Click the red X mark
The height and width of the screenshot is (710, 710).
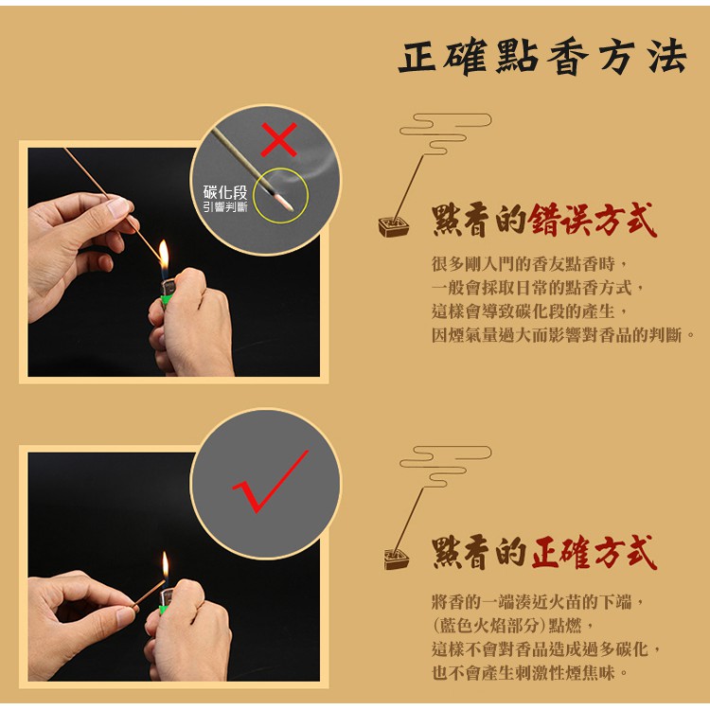click(x=279, y=139)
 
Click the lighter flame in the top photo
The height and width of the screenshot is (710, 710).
click(x=164, y=256)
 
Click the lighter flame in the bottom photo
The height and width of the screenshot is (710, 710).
click(x=166, y=566)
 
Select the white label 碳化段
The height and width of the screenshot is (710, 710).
click(x=225, y=192)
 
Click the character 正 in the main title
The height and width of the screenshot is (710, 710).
click(x=417, y=57)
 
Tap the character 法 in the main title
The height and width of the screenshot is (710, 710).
click(x=667, y=57)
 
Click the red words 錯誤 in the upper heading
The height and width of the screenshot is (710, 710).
click(x=560, y=220)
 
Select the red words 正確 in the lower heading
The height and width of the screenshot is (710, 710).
click(x=561, y=552)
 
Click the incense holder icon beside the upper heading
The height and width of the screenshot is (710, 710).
click(x=394, y=227)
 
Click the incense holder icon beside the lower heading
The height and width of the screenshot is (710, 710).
click(x=397, y=559)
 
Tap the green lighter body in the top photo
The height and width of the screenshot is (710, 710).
click(x=167, y=301)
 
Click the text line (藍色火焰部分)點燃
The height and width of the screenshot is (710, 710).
click(x=512, y=626)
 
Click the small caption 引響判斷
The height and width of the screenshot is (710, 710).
click(x=225, y=207)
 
